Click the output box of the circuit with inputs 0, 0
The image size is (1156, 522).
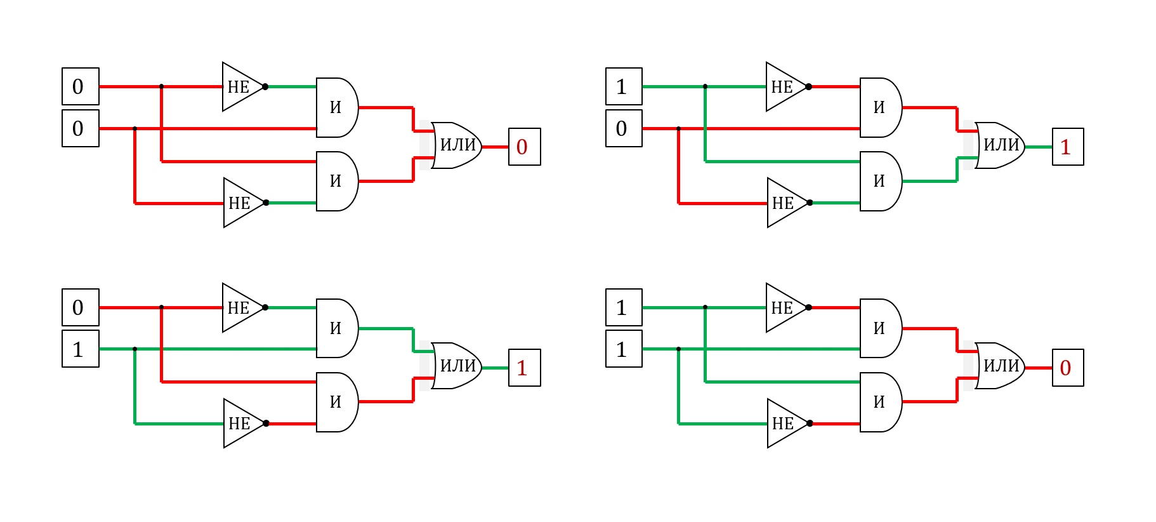[x=524, y=147]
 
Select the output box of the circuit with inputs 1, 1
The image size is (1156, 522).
[x=1068, y=368]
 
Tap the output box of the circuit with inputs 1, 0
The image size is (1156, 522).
[x=1068, y=147]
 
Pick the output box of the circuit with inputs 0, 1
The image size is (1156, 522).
[x=524, y=368]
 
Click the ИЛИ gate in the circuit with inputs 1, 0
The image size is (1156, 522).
[x=999, y=145]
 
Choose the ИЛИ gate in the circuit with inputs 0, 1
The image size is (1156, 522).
[x=456, y=366]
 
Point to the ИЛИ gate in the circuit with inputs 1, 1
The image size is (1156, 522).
[x=999, y=366]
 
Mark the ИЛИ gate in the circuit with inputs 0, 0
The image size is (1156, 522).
[x=456, y=145]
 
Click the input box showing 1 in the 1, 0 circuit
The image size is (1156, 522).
[x=624, y=86]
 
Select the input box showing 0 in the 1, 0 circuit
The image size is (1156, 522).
[x=624, y=128]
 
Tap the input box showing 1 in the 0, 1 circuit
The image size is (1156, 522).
[x=81, y=349]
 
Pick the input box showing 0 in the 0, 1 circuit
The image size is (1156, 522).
[x=81, y=307]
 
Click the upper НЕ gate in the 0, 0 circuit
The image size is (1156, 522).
[x=244, y=86]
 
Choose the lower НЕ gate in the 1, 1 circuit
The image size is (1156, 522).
[x=789, y=424]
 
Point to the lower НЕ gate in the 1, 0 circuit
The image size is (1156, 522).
[x=789, y=203]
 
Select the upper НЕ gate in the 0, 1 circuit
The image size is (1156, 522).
[x=244, y=307]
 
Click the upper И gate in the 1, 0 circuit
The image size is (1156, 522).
[x=881, y=107]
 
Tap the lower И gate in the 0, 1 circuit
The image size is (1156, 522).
[x=337, y=402]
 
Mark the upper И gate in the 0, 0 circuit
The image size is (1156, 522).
[x=337, y=107]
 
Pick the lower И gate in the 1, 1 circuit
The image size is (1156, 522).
[x=881, y=402]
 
